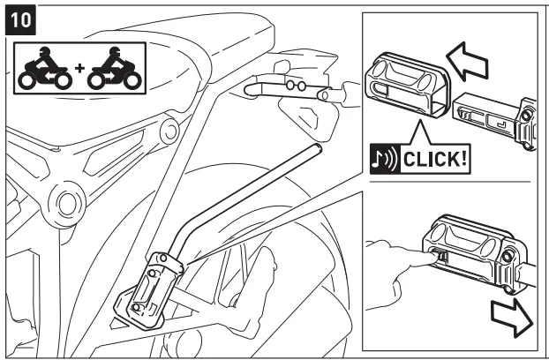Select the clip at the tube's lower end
pos(152,289)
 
